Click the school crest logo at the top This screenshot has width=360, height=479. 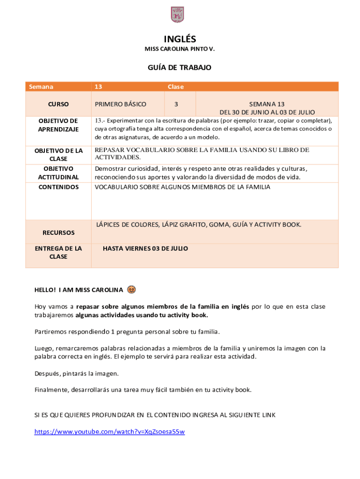point(177,15)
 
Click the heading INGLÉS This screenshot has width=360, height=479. point(180,39)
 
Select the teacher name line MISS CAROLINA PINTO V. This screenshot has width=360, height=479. point(180,49)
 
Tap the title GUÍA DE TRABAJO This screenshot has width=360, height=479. point(180,68)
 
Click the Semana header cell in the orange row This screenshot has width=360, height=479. point(41,87)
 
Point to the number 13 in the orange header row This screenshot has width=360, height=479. point(98,87)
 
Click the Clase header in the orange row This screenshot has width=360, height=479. point(176,87)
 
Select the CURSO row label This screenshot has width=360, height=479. point(58,104)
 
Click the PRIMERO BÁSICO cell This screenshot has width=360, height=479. point(120,104)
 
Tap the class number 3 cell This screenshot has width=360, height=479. point(176,104)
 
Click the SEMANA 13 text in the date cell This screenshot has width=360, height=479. point(267,104)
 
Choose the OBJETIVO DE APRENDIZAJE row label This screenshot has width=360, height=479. point(58,125)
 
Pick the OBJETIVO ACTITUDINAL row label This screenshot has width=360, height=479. point(58,173)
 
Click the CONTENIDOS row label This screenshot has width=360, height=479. point(58,187)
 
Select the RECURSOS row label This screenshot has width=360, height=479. point(58,232)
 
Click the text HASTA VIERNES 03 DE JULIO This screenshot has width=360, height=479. point(145,248)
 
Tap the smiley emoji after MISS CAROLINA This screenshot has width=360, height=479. point(131,290)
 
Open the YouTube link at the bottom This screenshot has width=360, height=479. point(109,432)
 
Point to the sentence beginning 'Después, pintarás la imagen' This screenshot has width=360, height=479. point(77,373)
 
